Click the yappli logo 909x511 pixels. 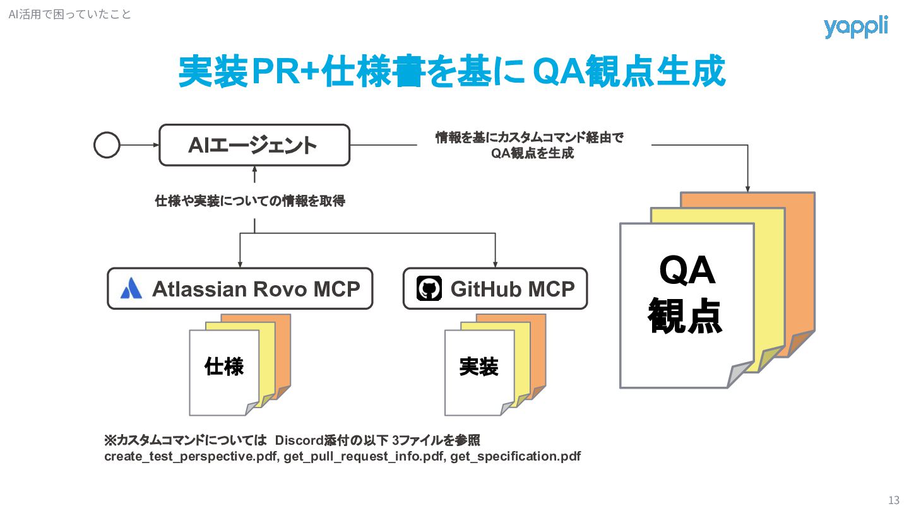coord(855,27)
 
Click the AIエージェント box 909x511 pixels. coord(254,145)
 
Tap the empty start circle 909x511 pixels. coord(107,145)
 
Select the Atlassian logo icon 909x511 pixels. coord(131,288)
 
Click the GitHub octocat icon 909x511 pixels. coord(429,289)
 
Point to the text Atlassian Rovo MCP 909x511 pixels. coord(256,289)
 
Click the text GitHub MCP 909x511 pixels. coord(512,289)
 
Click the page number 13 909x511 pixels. coord(893,500)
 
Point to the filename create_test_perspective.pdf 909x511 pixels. coord(191,456)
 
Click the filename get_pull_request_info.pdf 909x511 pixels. coord(364,456)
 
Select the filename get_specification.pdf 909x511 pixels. coord(515,456)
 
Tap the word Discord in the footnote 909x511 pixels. coord(300,440)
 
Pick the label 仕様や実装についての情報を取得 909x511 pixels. coord(250,201)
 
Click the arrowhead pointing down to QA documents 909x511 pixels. coord(748,188)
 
